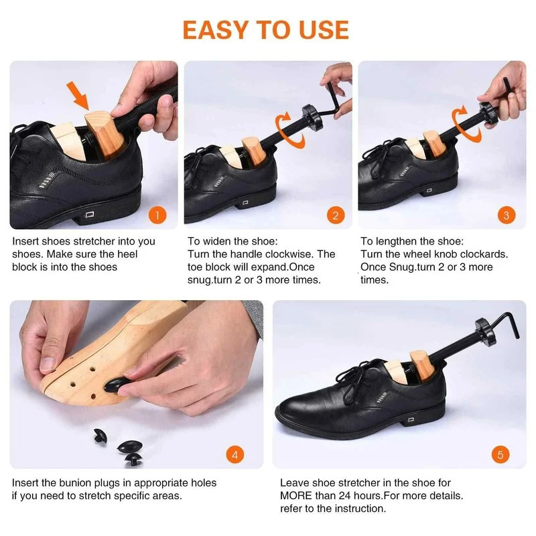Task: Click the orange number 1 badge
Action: (157, 215)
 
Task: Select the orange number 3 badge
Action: (506, 215)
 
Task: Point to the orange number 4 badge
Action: (234, 455)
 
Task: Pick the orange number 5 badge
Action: (500, 455)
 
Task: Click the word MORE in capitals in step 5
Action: (299, 496)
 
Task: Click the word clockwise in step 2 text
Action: (285, 254)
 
